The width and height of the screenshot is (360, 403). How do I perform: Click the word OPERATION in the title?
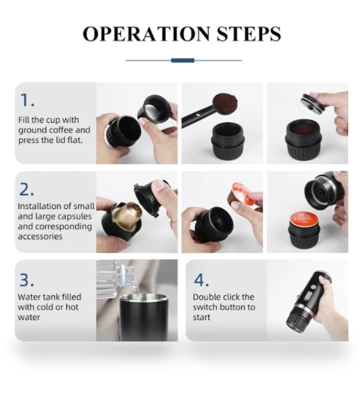tap(146, 34)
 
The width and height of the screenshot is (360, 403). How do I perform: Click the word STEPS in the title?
tap(248, 34)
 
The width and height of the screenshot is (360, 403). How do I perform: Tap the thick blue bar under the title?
tap(182, 60)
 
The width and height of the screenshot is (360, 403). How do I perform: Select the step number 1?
tap(27, 100)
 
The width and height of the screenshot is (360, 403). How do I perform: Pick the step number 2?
tap(27, 190)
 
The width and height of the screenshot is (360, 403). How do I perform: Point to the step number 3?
tap(27, 280)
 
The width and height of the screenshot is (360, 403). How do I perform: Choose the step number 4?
tap(201, 280)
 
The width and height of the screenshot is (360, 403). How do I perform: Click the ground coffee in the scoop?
tap(226, 104)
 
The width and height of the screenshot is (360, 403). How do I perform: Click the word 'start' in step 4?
tap(202, 317)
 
